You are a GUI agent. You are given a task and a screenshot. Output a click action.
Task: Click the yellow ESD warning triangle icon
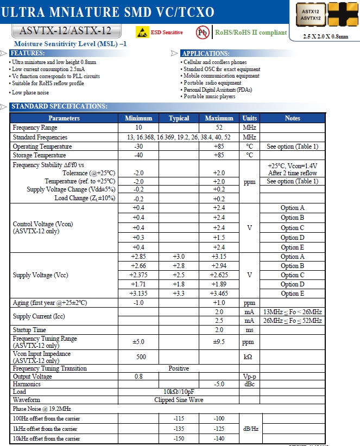pos(142,32)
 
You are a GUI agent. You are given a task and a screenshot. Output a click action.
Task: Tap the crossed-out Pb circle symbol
pos(203,32)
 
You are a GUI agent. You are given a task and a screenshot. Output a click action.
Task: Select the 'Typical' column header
pos(179,118)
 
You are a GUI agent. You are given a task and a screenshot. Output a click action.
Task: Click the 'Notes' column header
pos(292,118)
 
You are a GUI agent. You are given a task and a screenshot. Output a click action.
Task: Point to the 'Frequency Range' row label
pos(34,128)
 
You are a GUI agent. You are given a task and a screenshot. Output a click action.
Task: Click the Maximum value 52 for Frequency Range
pos(219,128)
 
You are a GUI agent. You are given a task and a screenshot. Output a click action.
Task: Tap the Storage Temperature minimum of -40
pos(138,155)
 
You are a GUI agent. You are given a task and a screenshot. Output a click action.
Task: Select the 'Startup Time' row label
pos(29,329)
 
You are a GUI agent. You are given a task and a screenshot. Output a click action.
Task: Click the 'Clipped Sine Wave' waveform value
pos(179,399)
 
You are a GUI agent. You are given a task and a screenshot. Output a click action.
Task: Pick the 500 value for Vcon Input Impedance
pos(138,357)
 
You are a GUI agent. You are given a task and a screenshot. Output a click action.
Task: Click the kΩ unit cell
pos(249,357)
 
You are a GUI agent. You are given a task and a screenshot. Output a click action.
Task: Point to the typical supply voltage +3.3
pos(179,294)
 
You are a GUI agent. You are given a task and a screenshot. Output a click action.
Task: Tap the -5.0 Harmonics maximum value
pos(219,384)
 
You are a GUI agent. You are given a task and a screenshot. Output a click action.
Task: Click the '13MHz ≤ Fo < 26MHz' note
pos(292,312)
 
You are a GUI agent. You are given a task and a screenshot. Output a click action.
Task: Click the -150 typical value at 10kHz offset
pos(179,438)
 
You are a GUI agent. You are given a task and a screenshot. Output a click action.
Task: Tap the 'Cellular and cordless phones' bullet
pos(215,62)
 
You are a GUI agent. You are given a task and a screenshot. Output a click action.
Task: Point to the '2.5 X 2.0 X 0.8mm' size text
pos(326,36)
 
